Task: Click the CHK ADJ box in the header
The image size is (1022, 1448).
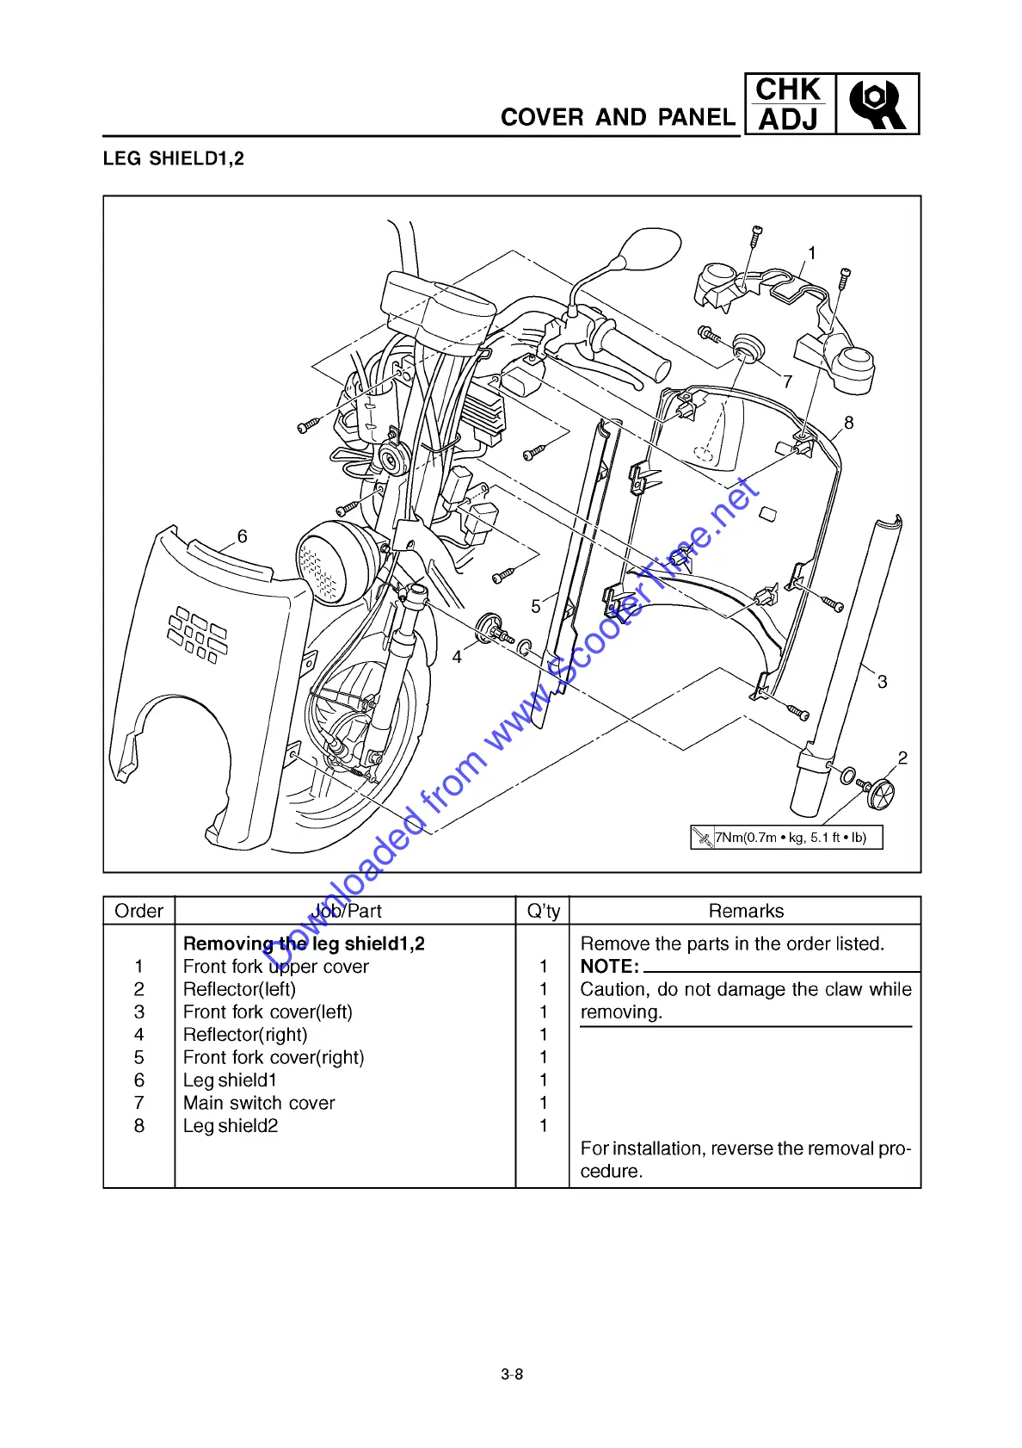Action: click(x=788, y=104)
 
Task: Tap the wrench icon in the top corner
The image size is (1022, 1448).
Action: click(x=877, y=104)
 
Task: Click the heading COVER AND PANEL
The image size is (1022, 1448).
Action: click(x=618, y=117)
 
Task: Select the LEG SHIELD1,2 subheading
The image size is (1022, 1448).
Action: click(x=173, y=158)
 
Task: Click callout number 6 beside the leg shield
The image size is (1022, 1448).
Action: click(x=243, y=536)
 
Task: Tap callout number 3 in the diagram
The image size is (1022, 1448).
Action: click(x=882, y=682)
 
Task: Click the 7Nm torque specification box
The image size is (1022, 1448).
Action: click(x=786, y=837)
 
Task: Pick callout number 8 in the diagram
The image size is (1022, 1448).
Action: click(x=849, y=423)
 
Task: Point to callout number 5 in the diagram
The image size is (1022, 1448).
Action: click(x=536, y=607)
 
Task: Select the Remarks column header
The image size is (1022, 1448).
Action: click(x=746, y=911)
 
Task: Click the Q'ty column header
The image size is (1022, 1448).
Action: click(x=543, y=911)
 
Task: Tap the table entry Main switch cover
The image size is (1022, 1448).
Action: click(x=259, y=1103)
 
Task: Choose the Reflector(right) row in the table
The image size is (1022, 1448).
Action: click(x=245, y=1035)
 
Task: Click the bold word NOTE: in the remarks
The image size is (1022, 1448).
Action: click(x=610, y=967)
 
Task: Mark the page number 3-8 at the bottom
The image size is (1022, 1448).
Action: click(x=512, y=1375)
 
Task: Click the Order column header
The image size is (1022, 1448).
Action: click(x=139, y=911)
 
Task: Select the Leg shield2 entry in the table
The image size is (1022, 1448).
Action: click(x=231, y=1126)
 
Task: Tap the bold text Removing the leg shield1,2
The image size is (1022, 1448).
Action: click(x=304, y=944)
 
